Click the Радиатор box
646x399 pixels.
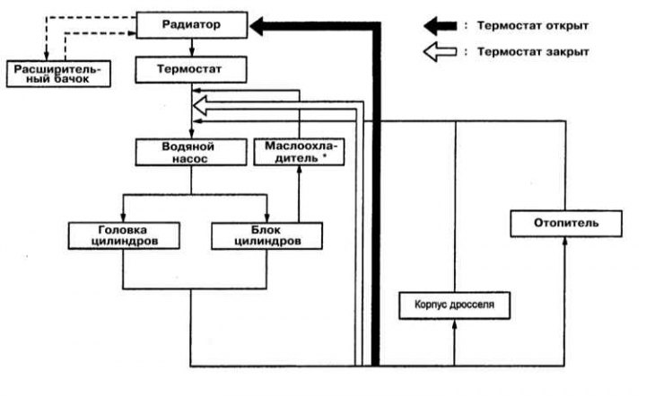[x=192, y=25]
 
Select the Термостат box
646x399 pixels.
[x=191, y=70]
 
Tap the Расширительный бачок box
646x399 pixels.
[x=58, y=74]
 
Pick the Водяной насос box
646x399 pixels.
[x=191, y=152]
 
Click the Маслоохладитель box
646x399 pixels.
[x=299, y=152]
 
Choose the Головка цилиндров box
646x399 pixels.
[x=124, y=235]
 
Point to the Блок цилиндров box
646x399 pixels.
[x=266, y=235]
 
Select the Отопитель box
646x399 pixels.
[x=566, y=223]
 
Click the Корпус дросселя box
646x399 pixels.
[x=454, y=306]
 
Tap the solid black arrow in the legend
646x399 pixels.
[x=440, y=26]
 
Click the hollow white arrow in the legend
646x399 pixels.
[x=440, y=52]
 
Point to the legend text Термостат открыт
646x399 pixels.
[x=533, y=25]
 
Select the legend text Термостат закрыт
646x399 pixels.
[x=533, y=52]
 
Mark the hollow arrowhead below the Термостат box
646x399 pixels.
[x=200, y=105]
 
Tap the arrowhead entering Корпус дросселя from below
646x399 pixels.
[x=454, y=324]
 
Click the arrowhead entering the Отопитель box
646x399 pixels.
[x=565, y=242]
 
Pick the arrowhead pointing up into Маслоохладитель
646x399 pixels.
[x=299, y=171]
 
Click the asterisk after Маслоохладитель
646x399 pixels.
[x=324, y=156]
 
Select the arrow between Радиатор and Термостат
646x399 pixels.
[x=192, y=48]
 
